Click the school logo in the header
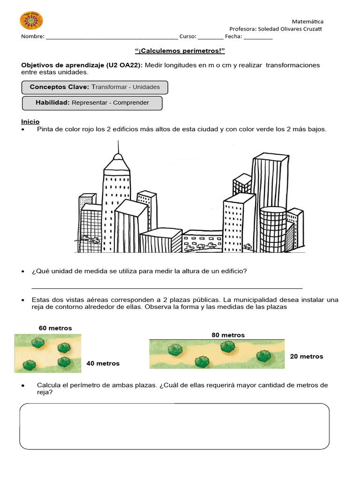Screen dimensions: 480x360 click(31, 21)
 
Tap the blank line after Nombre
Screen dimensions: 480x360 click(112, 37)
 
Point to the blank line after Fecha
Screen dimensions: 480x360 click(258, 37)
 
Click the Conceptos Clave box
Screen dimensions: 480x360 click(95, 87)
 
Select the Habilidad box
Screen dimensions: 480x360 click(92, 103)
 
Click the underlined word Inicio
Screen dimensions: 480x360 click(30, 121)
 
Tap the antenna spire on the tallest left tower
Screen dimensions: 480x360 click(118, 149)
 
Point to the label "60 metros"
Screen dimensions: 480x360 click(55, 328)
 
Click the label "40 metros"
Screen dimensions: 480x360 click(103, 363)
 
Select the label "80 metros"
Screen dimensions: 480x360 click(228, 335)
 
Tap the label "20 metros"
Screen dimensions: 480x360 click(307, 356)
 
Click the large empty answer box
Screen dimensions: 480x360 click(174, 427)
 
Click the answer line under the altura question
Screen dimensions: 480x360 click(166, 287)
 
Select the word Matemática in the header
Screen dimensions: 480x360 click(307, 21)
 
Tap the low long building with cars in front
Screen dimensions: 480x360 click(202, 240)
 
